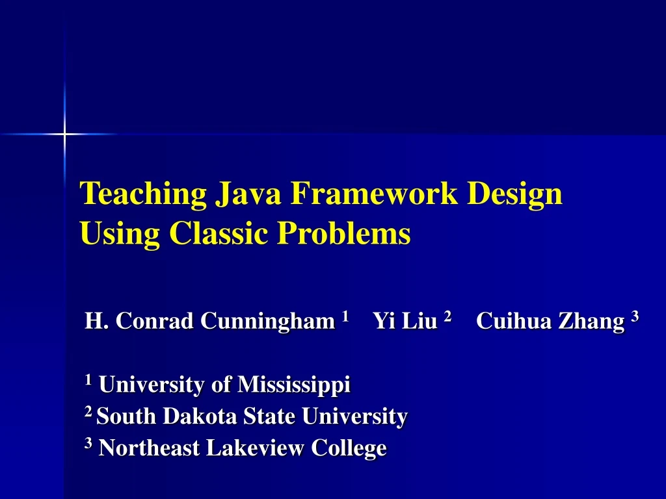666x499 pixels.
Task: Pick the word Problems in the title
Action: (x=344, y=233)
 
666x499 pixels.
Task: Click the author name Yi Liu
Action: (x=405, y=321)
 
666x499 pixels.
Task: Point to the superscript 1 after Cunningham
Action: (x=345, y=316)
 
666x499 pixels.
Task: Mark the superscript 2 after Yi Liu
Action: (x=447, y=316)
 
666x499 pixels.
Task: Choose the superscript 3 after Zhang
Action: (x=635, y=316)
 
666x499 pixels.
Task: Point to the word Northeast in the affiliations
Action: (x=149, y=448)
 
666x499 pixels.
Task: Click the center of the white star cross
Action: (x=64, y=134)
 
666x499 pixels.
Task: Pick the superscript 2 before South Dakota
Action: (x=88, y=412)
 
